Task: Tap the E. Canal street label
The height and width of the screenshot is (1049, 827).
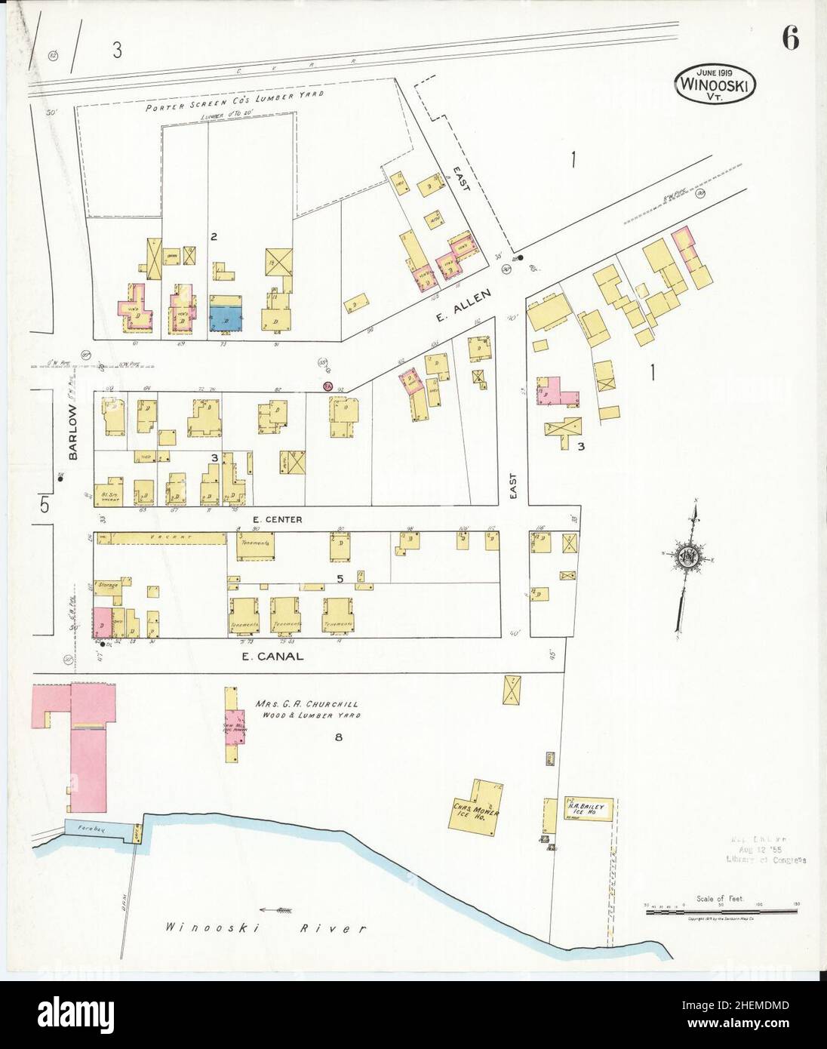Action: [x=272, y=657]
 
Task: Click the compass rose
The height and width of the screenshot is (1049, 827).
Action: [x=693, y=559]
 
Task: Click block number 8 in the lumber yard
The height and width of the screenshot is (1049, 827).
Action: [x=339, y=737]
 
